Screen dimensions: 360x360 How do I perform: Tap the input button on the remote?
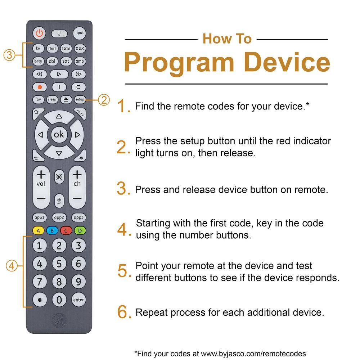[x=79, y=33]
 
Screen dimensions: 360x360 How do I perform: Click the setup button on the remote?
[x=80, y=99]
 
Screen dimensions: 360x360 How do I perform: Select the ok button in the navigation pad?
[x=59, y=134]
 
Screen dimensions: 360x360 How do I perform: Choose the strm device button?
[x=66, y=49]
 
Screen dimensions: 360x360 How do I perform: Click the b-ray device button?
[x=38, y=61]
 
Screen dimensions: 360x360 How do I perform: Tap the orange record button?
[x=40, y=87]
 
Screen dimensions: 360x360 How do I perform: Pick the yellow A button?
[x=39, y=230]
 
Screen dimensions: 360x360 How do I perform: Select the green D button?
[x=80, y=230]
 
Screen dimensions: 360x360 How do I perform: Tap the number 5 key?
[x=59, y=264]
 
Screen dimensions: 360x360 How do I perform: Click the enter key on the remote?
[x=78, y=300]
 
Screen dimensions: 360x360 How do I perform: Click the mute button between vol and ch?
[x=59, y=177]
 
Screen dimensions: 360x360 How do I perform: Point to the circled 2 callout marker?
[x=104, y=100]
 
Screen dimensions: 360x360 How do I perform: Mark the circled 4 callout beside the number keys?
[x=12, y=266]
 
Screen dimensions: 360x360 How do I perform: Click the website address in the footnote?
[x=253, y=354]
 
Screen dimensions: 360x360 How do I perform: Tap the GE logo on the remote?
[x=59, y=320]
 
